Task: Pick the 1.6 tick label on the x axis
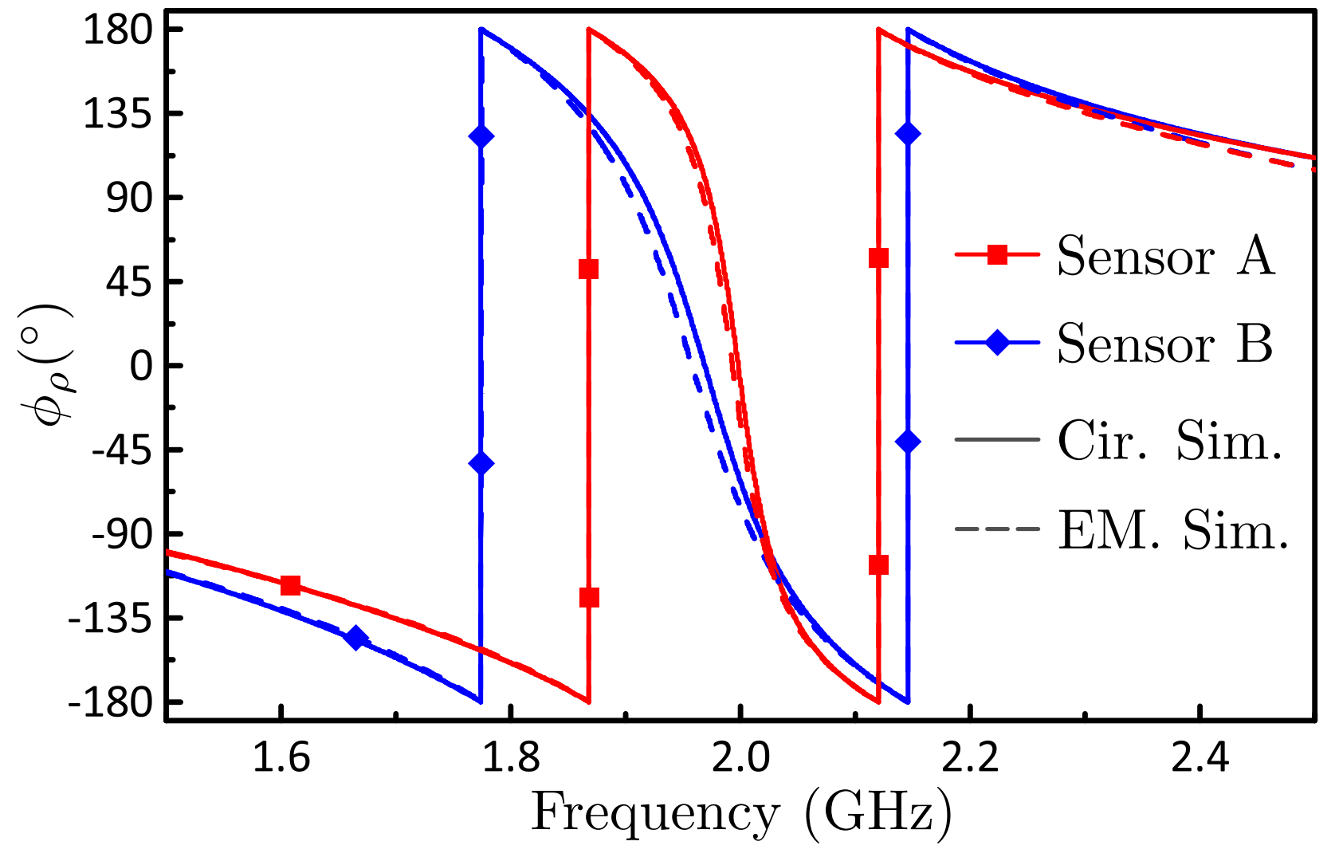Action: coord(281,758)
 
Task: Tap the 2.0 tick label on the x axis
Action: coord(740,758)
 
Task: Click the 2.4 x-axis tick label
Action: coord(1199,758)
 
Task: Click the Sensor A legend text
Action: coord(1165,256)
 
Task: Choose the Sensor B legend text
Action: coord(1165,344)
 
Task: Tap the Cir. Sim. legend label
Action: coord(1169,440)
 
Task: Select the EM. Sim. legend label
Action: coord(1173,530)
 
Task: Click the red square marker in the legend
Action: coord(997,255)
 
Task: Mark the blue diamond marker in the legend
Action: coord(997,344)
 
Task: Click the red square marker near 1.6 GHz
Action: coord(290,585)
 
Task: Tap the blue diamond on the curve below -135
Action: coord(355,638)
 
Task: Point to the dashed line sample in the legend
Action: coord(997,530)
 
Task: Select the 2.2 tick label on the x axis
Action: coord(970,758)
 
